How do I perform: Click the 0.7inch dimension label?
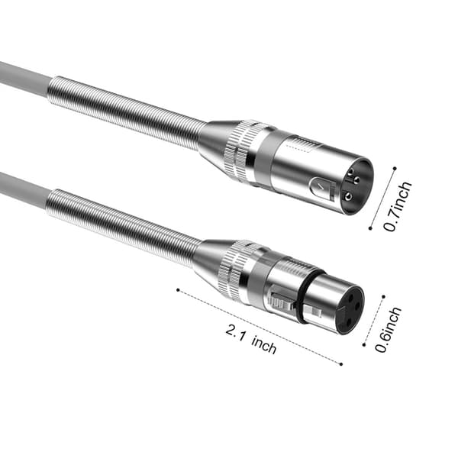pos(398,206)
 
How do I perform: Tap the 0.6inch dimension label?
pos(388,330)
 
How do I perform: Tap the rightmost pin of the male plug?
pos(357,179)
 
